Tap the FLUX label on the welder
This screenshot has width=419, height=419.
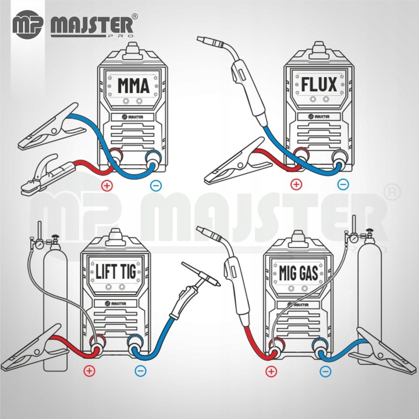click(x=319, y=85)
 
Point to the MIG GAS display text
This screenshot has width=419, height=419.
click(x=296, y=271)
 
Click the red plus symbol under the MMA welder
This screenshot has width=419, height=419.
click(x=106, y=186)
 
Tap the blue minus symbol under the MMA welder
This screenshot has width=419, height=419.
click(x=154, y=186)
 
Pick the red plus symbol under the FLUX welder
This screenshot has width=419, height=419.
click(x=296, y=185)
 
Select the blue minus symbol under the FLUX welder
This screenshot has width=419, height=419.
click(x=343, y=185)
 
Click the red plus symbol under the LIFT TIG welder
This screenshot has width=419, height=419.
click(x=89, y=370)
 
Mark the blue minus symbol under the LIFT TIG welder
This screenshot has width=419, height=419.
click(x=139, y=370)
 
